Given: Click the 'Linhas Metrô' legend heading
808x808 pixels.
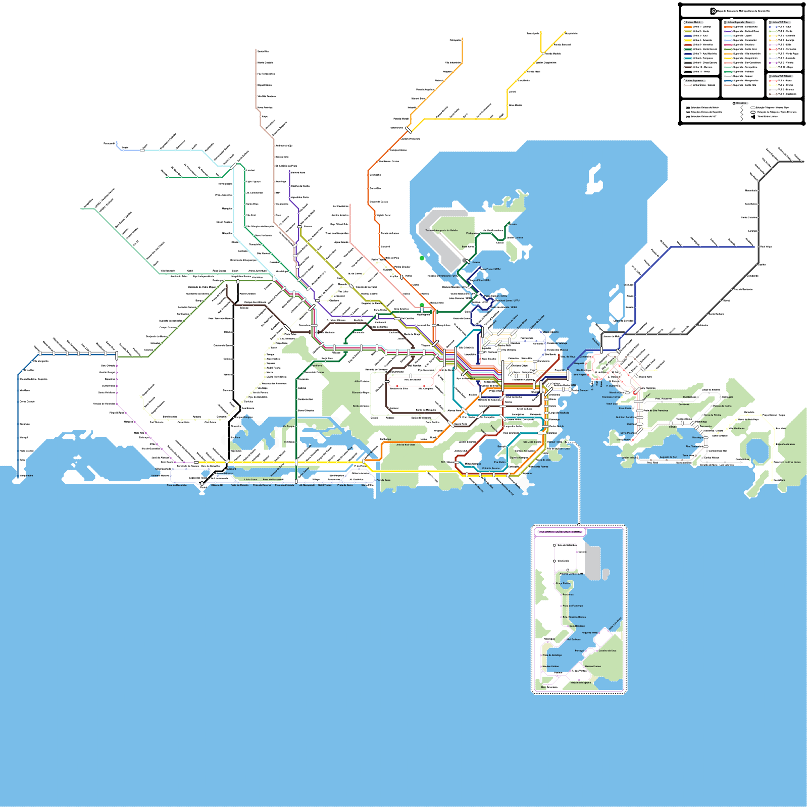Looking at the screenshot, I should point(693,23).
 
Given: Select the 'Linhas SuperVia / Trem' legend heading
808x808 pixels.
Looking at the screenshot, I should point(739,23).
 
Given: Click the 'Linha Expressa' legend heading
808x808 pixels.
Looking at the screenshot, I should point(694,81).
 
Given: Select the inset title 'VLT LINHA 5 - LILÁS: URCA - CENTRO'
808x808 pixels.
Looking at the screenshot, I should point(561,532).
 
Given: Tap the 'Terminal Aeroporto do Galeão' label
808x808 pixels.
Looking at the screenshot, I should point(441,230).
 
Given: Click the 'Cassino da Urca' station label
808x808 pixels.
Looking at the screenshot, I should point(608,650).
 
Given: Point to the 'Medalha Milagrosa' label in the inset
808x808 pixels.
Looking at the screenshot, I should point(581,683).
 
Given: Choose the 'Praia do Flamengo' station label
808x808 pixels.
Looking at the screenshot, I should point(573,605).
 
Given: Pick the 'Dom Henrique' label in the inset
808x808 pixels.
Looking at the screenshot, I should point(577,626).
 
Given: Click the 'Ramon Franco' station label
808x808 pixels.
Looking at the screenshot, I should point(593,666).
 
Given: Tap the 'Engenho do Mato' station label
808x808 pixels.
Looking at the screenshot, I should point(785,444).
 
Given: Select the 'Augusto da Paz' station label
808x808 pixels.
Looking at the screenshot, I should point(668,457).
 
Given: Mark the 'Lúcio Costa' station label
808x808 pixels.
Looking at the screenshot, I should point(250,479).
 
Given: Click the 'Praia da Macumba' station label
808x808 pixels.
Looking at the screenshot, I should point(177,485).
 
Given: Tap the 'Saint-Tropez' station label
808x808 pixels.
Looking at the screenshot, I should point(325,485).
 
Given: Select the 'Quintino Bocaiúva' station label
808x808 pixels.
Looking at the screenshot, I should point(625,417).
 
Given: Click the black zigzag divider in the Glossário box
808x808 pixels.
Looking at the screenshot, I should point(741,113).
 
